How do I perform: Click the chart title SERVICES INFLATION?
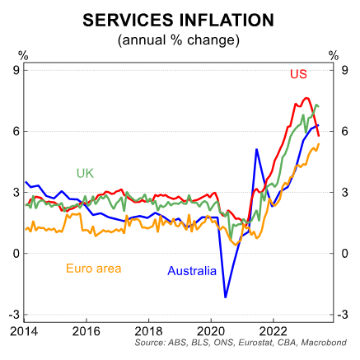180,18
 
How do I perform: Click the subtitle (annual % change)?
180,39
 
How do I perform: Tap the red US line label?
298,75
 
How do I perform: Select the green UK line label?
85,173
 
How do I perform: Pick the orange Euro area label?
93,268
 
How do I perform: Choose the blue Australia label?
192,270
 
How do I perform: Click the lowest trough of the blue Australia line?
226,297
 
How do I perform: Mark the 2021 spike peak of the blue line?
257,149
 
